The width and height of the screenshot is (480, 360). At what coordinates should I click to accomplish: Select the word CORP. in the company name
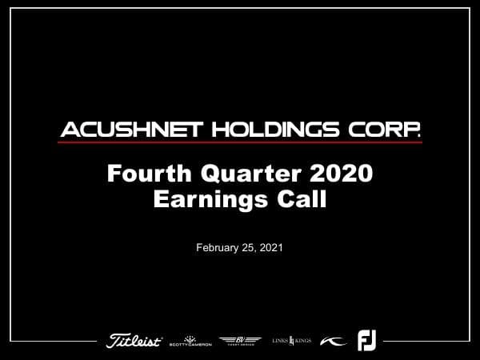[390, 129]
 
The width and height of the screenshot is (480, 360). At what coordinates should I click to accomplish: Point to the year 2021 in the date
[270, 248]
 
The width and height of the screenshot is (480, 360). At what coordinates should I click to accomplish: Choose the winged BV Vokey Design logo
[240, 341]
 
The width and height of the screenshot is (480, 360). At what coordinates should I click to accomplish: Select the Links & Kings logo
[291, 341]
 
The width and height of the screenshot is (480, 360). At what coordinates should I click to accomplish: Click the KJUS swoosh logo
[334, 341]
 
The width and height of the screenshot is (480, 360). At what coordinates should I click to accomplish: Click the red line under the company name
[240, 142]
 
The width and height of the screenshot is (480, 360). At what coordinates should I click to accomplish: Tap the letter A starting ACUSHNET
[69, 129]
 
